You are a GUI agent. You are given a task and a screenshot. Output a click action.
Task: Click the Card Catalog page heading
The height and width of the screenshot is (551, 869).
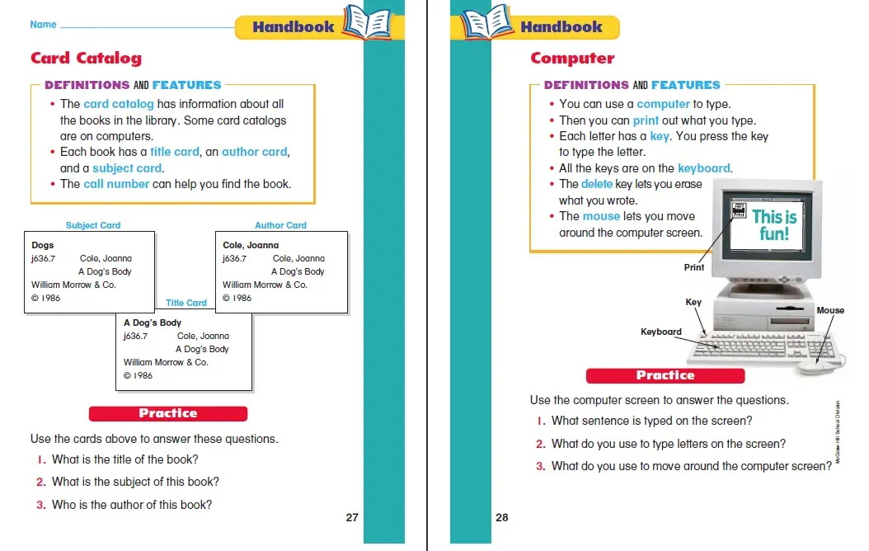pyautogui.click(x=86, y=58)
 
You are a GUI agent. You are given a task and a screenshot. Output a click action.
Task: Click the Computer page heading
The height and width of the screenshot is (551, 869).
pyautogui.click(x=572, y=58)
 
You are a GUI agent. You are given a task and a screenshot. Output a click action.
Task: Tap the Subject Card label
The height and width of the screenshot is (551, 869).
pyautogui.click(x=93, y=225)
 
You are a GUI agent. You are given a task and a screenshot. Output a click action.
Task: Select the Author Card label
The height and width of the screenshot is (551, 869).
pyautogui.click(x=280, y=225)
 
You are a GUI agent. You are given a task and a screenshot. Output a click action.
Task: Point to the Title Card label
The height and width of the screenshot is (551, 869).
pyautogui.click(x=186, y=303)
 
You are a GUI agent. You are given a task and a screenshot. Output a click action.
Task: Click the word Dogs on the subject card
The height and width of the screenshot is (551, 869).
pyautogui.click(x=42, y=245)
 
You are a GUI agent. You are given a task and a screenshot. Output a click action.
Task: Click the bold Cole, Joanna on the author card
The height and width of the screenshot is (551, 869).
pyautogui.click(x=251, y=245)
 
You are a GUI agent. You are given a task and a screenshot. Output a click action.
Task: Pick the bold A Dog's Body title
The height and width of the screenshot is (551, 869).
pyautogui.click(x=153, y=323)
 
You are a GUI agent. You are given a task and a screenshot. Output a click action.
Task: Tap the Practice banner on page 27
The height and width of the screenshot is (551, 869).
pyautogui.click(x=168, y=413)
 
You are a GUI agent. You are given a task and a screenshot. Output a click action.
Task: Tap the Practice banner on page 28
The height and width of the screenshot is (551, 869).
pyautogui.click(x=665, y=375)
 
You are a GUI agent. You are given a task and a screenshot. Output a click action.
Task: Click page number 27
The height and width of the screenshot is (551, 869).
pyautogui.click(x=352, y=518)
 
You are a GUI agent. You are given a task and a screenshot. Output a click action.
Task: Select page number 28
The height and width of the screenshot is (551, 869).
pyautogui.click(x=502, y=518)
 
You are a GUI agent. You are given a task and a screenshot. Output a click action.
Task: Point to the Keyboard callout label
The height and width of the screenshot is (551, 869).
pyautogui.click(x=661, y=332)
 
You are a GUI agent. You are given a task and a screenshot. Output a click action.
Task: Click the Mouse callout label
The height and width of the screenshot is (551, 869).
pyautogui.click(x=829, y=310)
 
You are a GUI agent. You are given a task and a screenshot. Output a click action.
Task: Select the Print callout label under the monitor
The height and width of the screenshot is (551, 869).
pyautogui.click(x=694, y=267)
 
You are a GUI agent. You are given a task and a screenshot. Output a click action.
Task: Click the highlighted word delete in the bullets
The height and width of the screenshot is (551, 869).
pyautogui.click(x=597, y=184)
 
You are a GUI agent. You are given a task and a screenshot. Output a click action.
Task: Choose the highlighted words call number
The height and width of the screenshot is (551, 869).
pyautogui.click(x=116, y=184)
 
